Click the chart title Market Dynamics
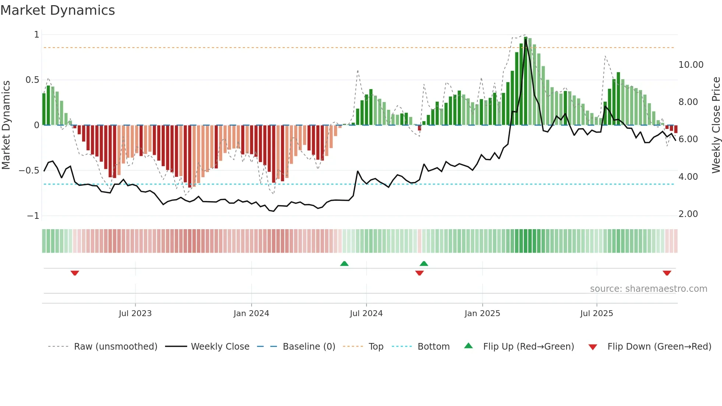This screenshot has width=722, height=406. tap(57, 10)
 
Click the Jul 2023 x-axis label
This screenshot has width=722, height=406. tap(135, 314)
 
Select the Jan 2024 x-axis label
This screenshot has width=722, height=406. tap(251, 314)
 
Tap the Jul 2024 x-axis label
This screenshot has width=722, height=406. tap(366, 314)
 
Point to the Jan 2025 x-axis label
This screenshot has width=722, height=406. tap(482, 314)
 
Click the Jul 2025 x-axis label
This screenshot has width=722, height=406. tap(596, 314)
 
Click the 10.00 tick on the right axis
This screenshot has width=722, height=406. tap(691, 65)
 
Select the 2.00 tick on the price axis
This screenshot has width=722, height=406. tap(688, 214)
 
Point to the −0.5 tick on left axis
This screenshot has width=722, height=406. tap(29, 171)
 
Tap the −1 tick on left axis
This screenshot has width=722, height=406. tap(33, 216)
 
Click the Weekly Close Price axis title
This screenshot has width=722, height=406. tap(716, 125)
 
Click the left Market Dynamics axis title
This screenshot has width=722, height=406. tap(6, 125)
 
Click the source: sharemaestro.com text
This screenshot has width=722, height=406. tap(648, 289)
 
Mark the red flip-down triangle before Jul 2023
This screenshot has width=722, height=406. tap(75, 273)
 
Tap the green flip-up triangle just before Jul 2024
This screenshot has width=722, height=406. tap(344, 263)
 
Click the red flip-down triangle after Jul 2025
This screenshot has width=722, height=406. tap(667, 273)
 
